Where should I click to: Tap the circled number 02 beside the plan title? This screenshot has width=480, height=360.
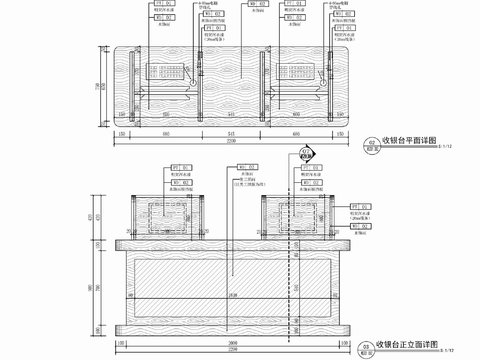click(x=372, y=144)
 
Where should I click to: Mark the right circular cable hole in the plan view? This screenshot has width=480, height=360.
click(x=268, y=72)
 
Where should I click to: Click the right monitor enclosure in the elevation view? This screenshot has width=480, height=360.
click(x=297, y=216)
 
